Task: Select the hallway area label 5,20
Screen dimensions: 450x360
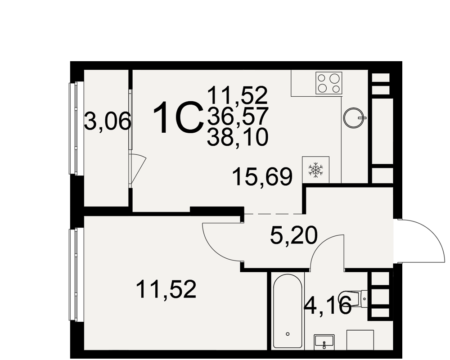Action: (x=293, y=235)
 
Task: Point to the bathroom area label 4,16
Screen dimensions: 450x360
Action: (x=328, y=305)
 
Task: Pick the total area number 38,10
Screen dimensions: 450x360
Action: (x=238, y=137)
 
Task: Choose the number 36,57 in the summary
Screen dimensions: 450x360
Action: (x=238, y=116)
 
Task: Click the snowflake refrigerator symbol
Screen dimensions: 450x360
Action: (x=315, y=170)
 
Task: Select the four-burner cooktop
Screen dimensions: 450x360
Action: (x=329, y=83)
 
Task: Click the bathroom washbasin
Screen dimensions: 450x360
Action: (x=324, y=342)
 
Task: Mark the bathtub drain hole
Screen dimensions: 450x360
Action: (x=288, y=334)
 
